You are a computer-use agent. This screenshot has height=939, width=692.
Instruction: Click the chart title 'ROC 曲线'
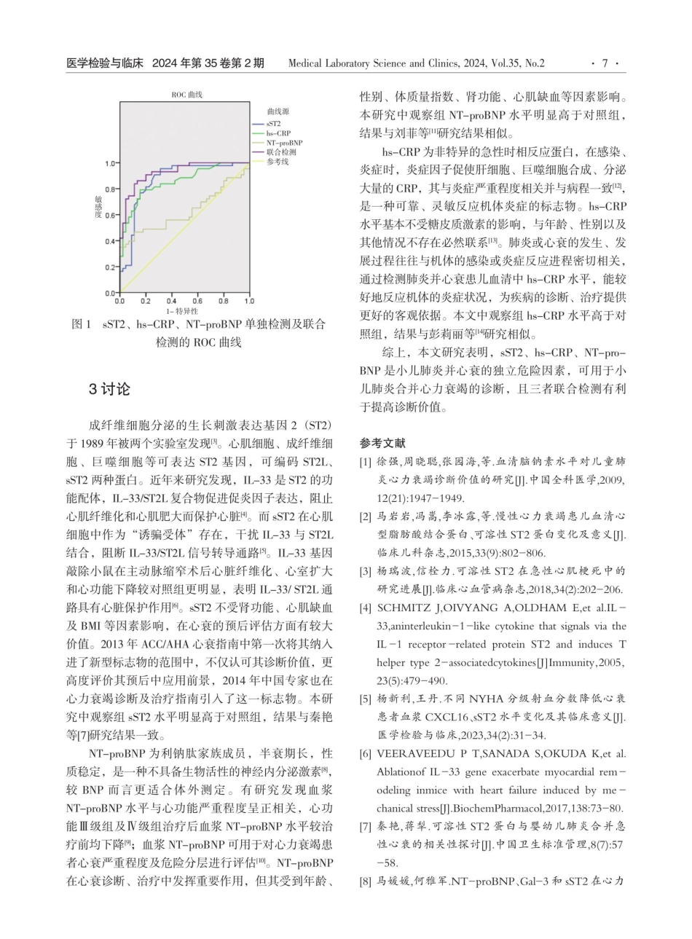point(186,94)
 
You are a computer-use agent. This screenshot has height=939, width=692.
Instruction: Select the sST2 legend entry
point(273,124)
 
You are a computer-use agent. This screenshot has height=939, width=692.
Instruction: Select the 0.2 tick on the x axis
point(146,300)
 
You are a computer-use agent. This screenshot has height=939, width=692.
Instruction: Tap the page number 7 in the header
point(605,63)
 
